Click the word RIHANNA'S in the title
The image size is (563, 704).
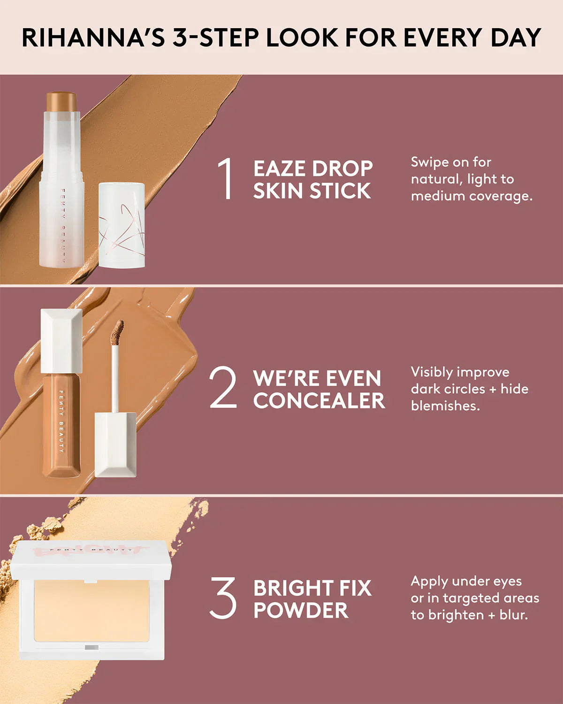(x=93, y=38)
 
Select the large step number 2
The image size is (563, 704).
(x=223, y=388)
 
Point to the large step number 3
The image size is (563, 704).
(x=223, y=597)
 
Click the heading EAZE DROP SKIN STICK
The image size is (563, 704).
(x=312, y=180)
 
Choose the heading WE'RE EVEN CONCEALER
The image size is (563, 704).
(x=319, y=390)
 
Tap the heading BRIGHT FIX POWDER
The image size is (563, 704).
(x=312, y=599)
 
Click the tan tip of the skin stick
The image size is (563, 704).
(x=61, y=101)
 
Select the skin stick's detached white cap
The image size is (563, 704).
(x=122, y=225)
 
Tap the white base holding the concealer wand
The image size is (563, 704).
(x=115, y=444)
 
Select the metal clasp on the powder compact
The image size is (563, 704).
(x=91, y=648)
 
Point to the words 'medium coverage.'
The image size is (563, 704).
(x=472, y=196)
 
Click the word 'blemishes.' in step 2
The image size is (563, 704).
(x=445, y=406)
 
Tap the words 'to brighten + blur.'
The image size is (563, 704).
(x=469, y=615)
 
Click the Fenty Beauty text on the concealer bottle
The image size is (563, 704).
(x=61, y=421)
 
